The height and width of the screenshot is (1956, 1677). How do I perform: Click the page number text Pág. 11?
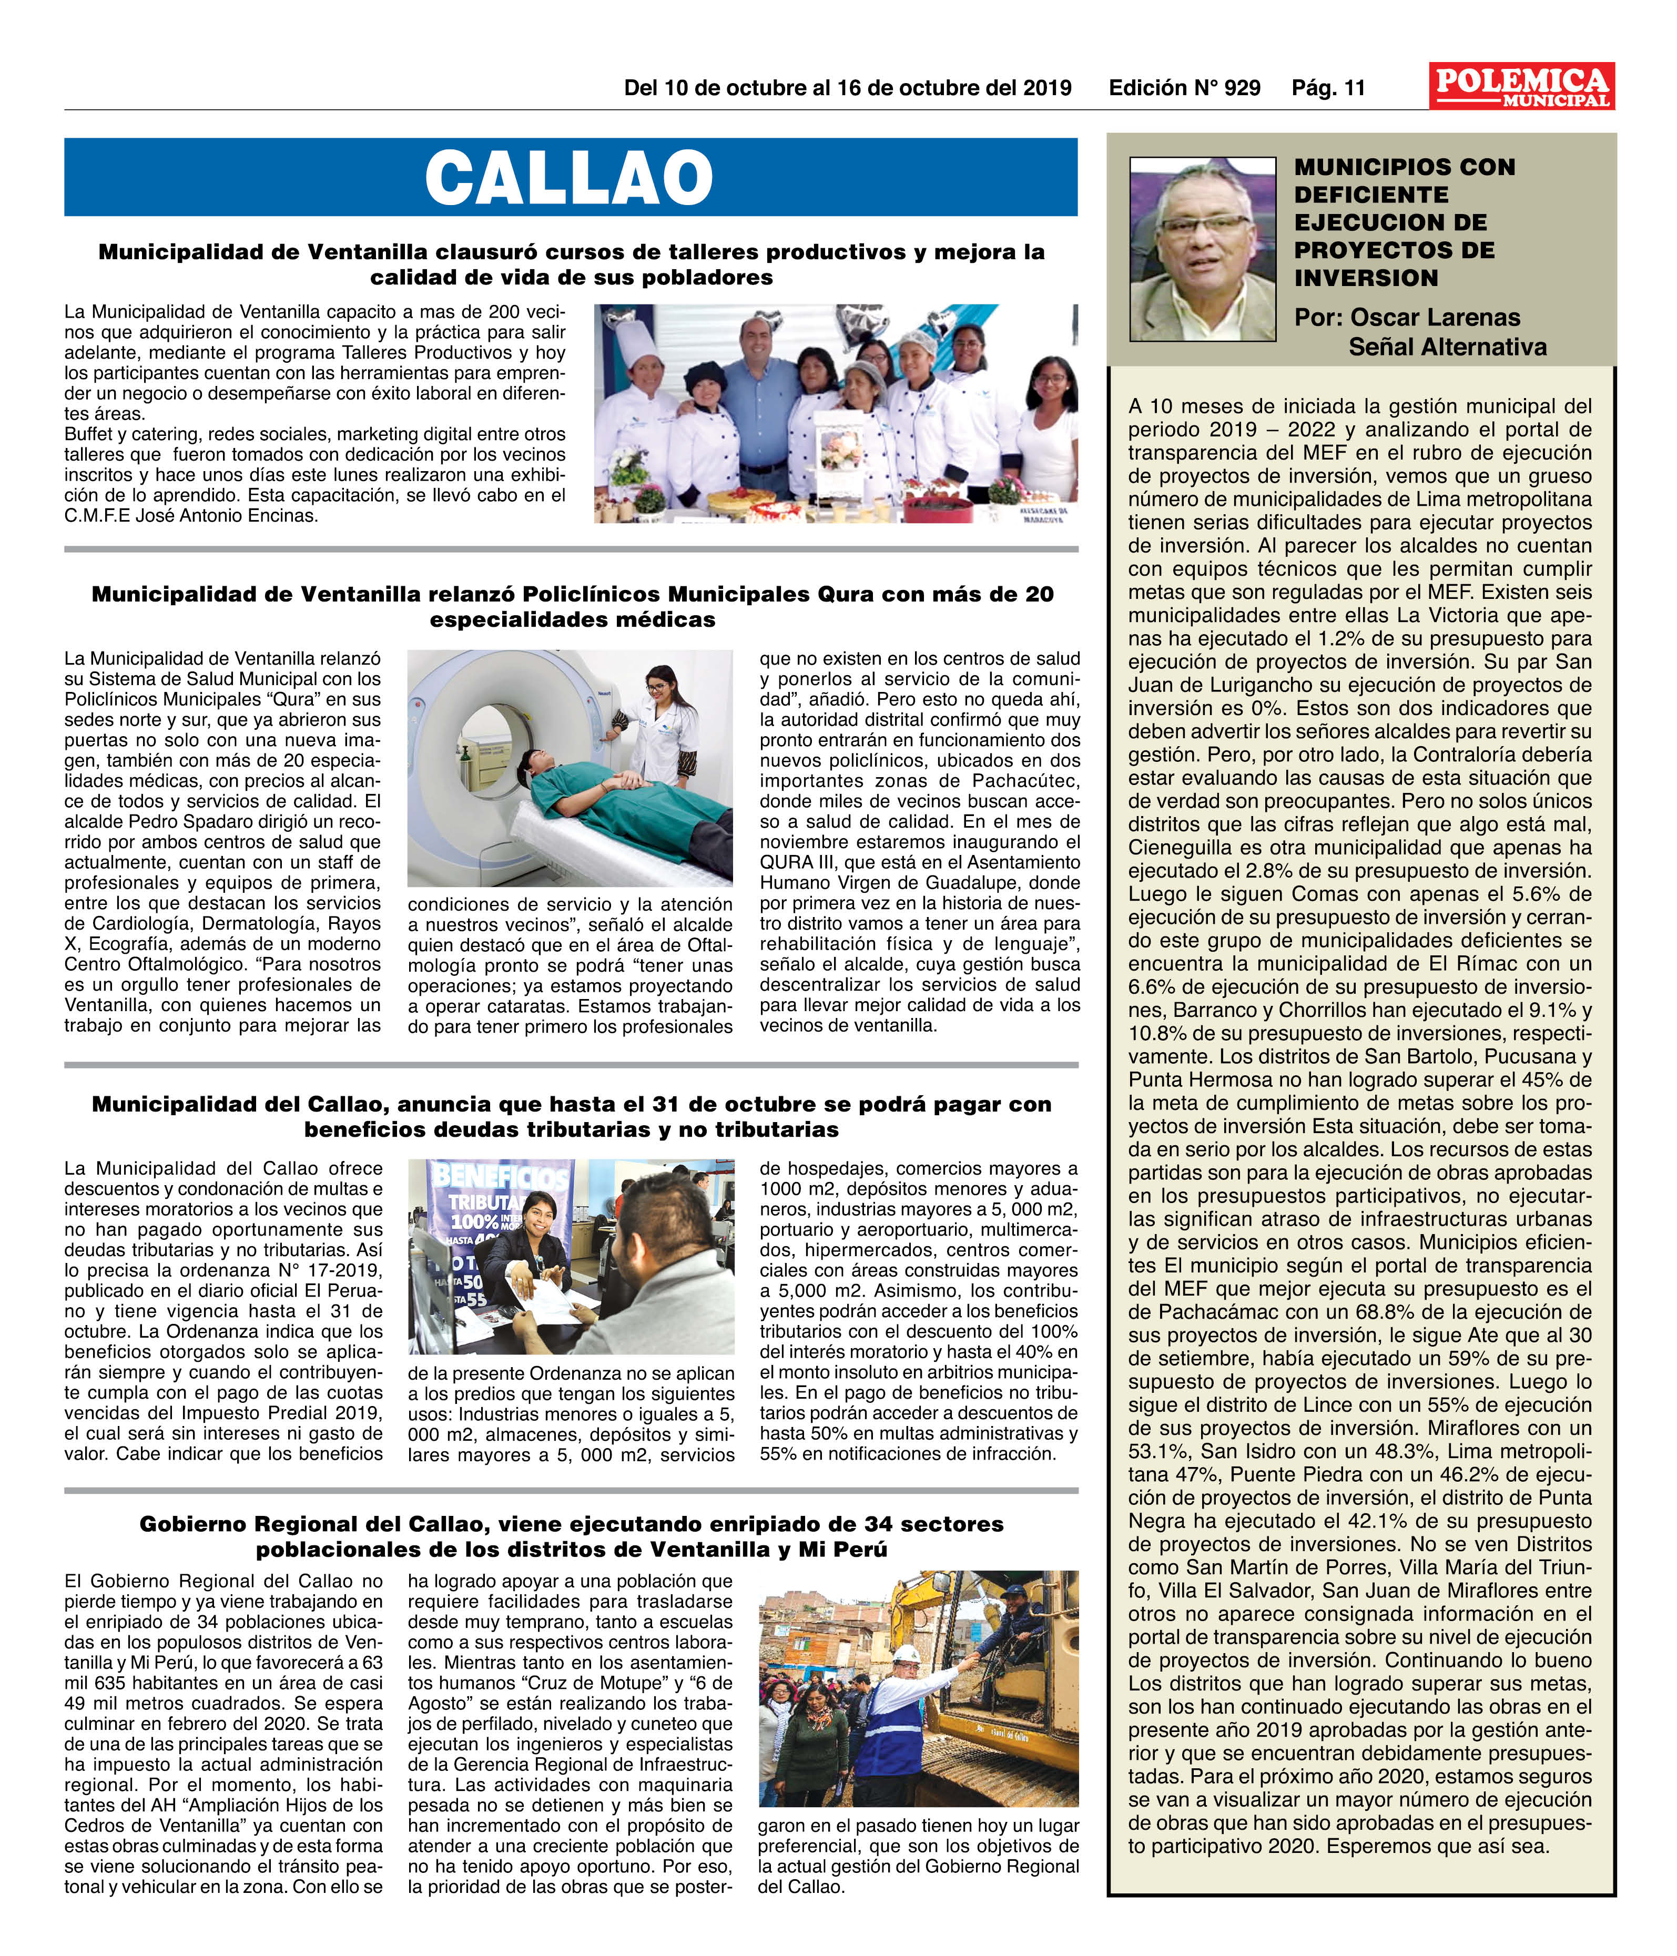(1328, 89)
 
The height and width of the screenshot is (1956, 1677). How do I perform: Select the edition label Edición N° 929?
(1184, 89)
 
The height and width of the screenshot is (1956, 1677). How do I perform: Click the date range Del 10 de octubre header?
(847, 89)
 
